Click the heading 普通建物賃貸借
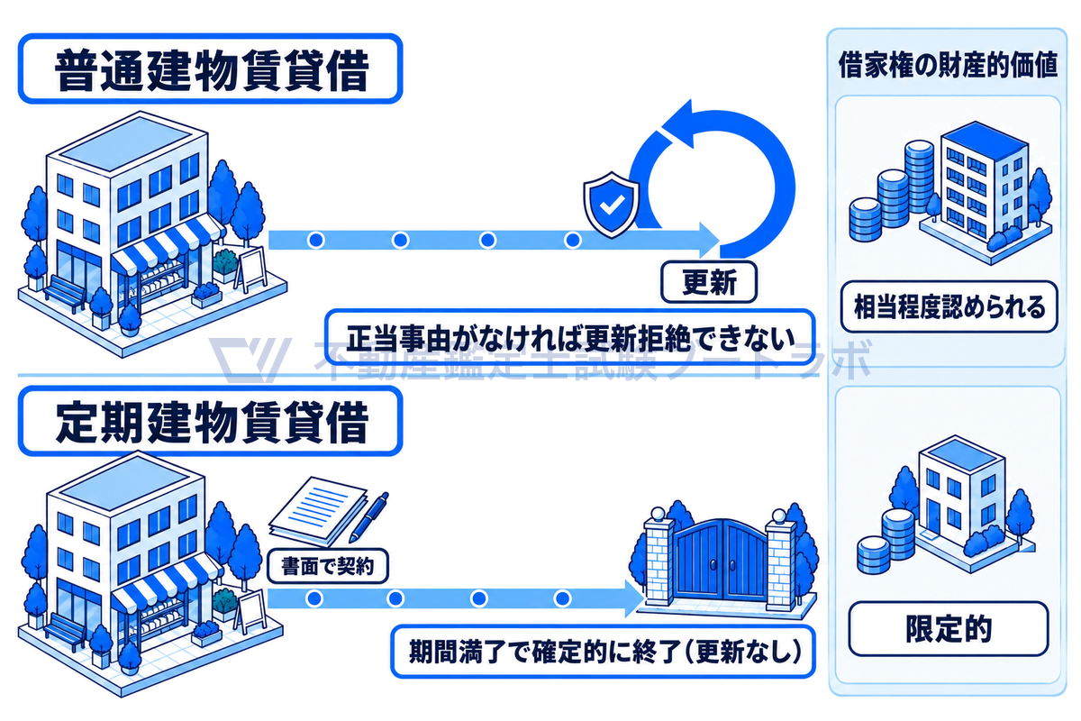click(212, 70)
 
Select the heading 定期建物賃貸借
click(212, 422)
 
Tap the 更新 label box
click(708, 282)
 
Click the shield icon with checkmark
click(612, 205)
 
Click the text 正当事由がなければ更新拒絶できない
click(571, 338)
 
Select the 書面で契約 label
click(328, 565)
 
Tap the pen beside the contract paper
click(368, 517)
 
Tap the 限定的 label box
click(949, 629)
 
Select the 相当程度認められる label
click(949, 307)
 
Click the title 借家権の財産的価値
click(948, 65)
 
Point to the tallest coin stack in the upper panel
click(920, 177)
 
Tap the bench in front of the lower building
click(64, 631)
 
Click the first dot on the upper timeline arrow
click(316, 240)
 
